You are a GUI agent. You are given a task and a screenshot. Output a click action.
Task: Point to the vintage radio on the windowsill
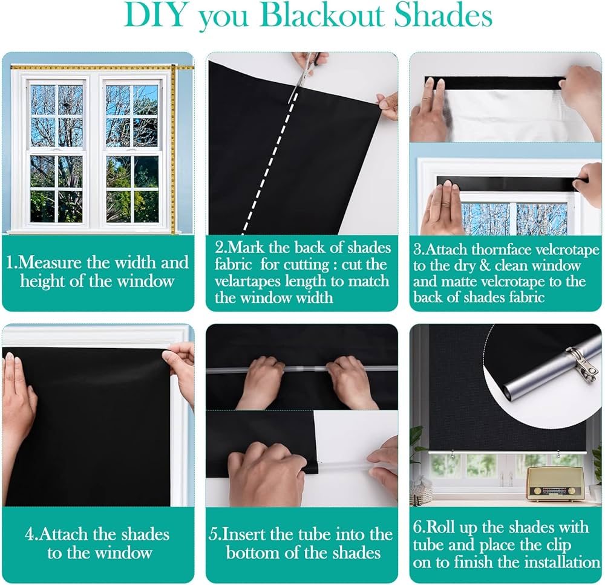click(551, 483)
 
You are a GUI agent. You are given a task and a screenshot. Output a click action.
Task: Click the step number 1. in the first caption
click(13, 263)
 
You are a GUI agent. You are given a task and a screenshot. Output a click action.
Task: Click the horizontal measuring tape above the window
click(91, 67)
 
